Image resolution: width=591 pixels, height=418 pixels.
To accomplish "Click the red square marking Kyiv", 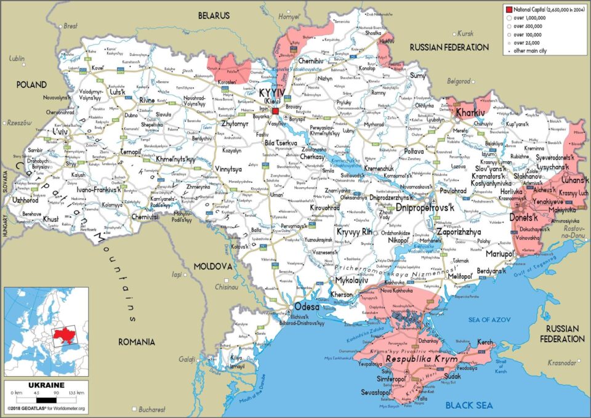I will pyautogui.click(x=276, y=111).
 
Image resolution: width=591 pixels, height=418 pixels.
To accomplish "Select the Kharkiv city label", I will pyautogui.click(x=469, y=113).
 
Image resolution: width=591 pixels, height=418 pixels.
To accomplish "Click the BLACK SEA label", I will pyautogui.click(x=469, y=404).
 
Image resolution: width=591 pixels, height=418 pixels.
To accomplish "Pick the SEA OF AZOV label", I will pyautogui.click(x=489, y=319).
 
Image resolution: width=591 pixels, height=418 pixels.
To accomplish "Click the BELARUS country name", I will pyautogui.click(x=214, y=15).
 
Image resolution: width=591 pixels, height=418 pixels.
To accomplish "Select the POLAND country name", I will pyautogui.click(x=31, y=84).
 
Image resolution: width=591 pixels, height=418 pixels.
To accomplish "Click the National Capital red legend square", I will pyautogui.click(x=509, y=9).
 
